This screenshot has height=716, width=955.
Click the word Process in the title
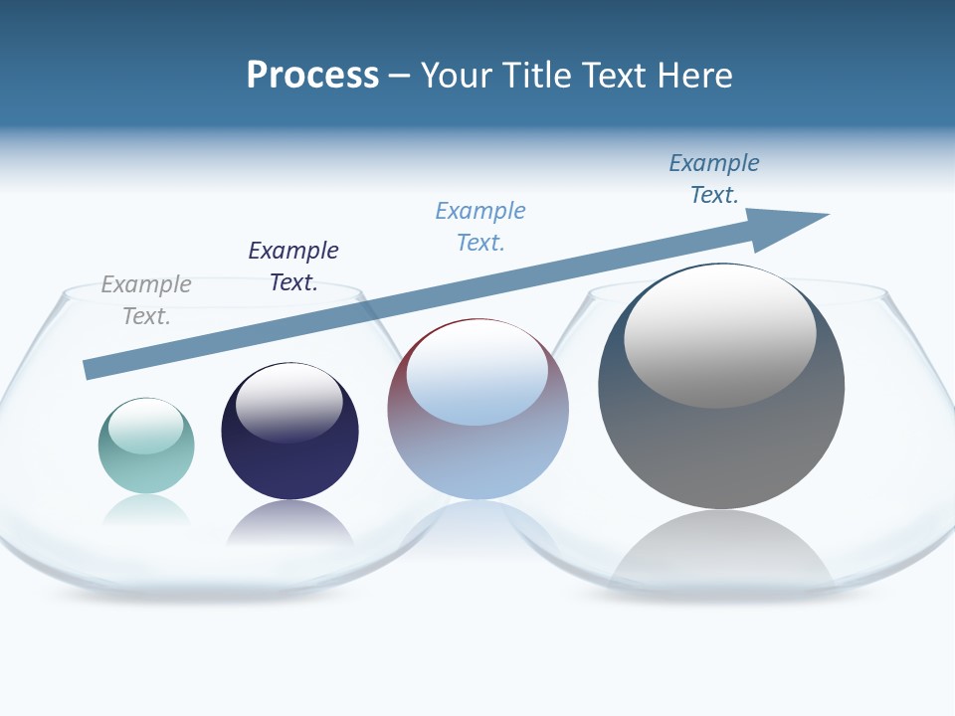312,76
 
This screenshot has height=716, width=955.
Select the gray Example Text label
146,300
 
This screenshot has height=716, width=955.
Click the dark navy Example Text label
293,267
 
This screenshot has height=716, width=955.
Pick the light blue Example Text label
480,227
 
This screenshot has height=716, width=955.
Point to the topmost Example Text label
714,179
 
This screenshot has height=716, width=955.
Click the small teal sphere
146,462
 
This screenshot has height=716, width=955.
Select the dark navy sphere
289,457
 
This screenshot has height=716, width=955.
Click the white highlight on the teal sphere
145,427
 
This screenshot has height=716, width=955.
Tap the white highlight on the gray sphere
719,338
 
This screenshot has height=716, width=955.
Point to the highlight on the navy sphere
288,404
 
